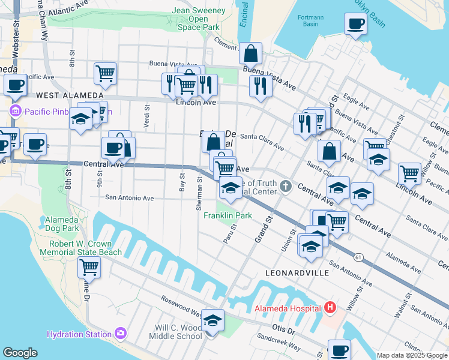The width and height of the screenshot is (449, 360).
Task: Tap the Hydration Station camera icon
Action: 120,333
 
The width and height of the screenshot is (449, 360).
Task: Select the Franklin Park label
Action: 228,215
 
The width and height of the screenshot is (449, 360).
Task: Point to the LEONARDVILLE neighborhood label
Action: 297,272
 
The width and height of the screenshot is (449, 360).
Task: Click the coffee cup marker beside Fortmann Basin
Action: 355,25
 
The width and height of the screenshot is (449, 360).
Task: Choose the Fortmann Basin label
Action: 310,22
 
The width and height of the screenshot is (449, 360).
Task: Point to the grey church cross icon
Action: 285,187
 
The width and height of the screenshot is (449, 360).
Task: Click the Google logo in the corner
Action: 20,353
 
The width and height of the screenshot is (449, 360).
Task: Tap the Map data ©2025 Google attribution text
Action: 412,355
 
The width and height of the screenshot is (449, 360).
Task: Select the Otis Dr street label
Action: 283,330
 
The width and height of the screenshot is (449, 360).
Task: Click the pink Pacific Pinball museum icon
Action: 15,111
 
